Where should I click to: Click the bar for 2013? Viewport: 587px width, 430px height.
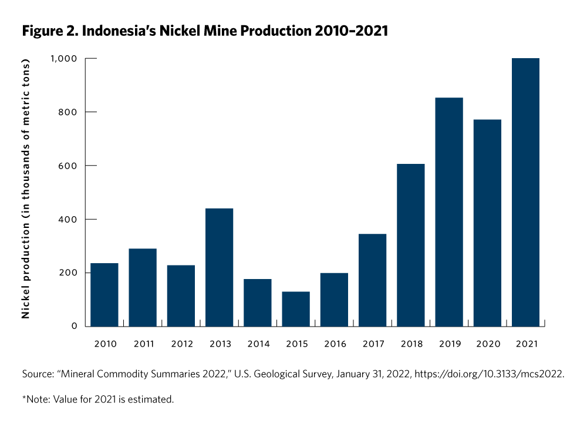219,267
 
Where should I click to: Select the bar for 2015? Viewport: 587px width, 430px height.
296,309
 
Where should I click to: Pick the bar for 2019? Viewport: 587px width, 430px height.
449,211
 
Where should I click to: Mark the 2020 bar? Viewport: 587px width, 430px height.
487,223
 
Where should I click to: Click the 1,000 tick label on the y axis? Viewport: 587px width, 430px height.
63,59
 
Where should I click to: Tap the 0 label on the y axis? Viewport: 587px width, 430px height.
75,326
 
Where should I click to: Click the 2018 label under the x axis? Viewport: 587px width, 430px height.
411,344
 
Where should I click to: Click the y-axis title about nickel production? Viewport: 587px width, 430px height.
26,188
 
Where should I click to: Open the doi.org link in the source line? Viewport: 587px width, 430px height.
490,374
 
